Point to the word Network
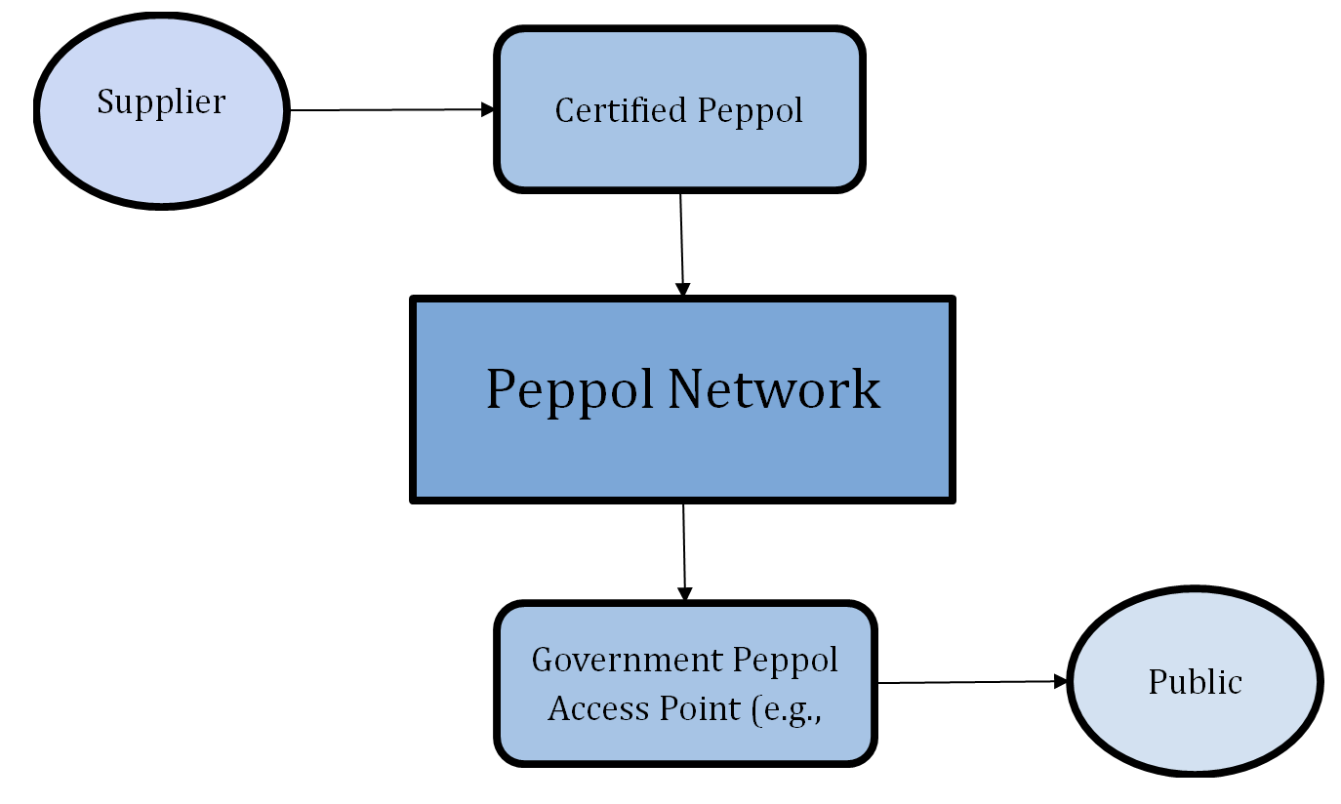[x=774, y=388]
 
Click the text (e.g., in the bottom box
[x=788, y=709]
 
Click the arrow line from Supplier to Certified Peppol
[x=390, y=110]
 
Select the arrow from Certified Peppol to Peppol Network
[x=681, y=239]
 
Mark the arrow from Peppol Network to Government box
[x=684, y=546]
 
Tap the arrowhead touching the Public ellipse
[x=1061, y=681]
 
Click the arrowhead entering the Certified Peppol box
[x=489, y=109]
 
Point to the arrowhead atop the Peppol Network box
[x=683, y=290]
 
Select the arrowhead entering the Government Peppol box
[x=685, y=594]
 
